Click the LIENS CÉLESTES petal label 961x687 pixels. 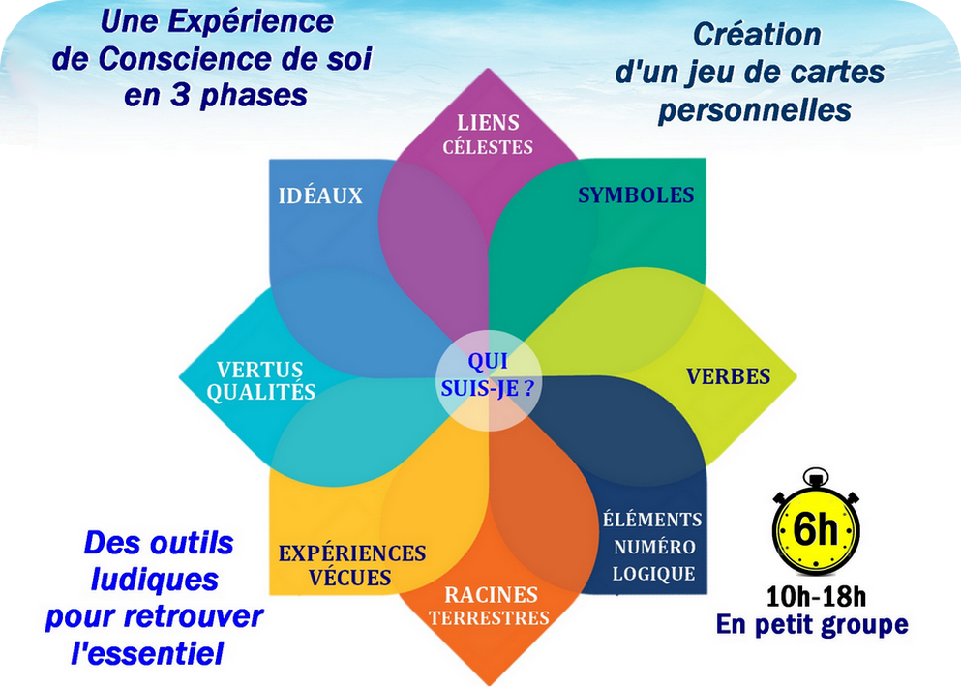click(x=488, y=134)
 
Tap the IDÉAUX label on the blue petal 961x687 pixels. click(x=320, y=195)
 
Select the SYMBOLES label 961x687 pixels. click(x=636, y=194)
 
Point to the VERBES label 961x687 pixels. click(x=728, y=376)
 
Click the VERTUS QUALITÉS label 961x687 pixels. click(x=260, y=380)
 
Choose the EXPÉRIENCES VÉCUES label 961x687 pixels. click(x=352, y=565)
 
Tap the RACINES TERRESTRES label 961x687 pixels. click(x=489, y=606)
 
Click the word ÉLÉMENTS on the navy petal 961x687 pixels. click(x=652, y=519)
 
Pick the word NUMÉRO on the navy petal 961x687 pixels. click(x=654, y=547)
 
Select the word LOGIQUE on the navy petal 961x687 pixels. click(x=654, y=574)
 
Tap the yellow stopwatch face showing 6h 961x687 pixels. click(x=816, y=529)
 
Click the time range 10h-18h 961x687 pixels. click(x=816, y=596)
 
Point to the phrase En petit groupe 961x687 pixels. click(x=812, y=624)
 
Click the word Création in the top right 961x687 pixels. click(x=757, y=34)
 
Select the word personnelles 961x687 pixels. click(x=755, y=110)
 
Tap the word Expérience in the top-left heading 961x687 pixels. click(x=251, y=21)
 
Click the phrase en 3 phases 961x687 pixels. click(x=215, y=95)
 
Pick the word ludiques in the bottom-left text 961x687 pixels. click(x=155, y=580)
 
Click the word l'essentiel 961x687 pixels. click(x=147, y=653)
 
